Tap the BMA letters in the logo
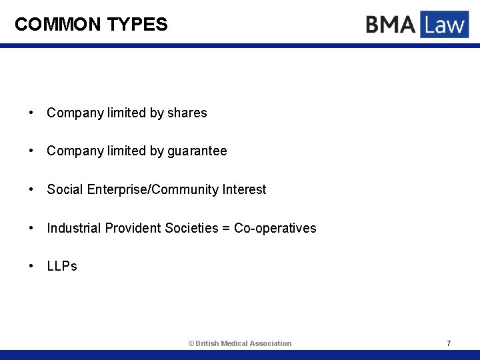tap(391, 25)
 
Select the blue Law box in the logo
tap(444, 25)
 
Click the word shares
tap(187, 113)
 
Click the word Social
tap(65, 189)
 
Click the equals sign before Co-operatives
tap(226, 229)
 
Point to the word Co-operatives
tap(275, 228)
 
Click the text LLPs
tap(62, 266)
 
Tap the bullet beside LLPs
tap(31, 267)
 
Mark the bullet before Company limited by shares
tap(31, 113)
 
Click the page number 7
tap(449, 343)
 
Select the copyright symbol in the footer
tap(191, 343)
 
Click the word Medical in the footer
tap(234, 343)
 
